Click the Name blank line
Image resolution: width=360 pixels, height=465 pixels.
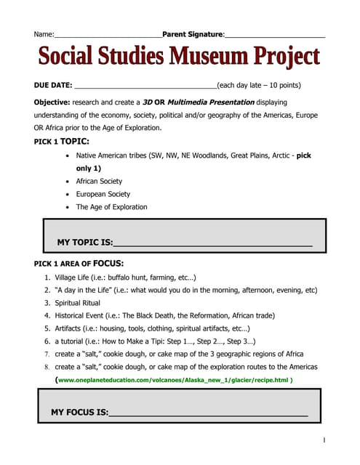108,35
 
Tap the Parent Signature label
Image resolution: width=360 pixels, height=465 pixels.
193,34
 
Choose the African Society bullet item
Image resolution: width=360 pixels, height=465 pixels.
99,181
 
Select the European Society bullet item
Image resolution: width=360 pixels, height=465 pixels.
103,194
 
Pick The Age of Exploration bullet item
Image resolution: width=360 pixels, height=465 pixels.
111,207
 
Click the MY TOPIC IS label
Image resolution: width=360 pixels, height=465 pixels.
85,241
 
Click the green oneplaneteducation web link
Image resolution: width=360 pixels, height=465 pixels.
175,379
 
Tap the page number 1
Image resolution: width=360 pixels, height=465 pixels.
324,440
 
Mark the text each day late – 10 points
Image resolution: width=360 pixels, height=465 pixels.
259,85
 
